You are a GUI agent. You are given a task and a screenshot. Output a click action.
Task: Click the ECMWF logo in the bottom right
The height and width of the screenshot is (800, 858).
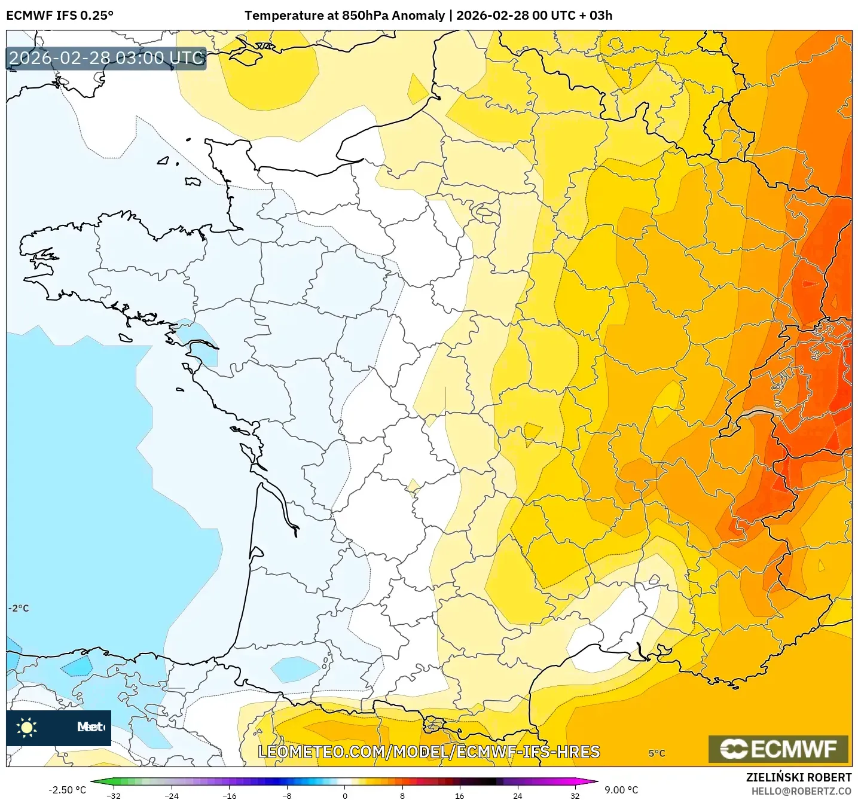778,749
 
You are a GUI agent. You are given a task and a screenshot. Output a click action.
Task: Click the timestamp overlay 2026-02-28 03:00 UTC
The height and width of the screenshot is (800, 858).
106,58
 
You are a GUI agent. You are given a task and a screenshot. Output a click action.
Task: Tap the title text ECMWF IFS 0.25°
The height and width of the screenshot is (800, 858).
60,16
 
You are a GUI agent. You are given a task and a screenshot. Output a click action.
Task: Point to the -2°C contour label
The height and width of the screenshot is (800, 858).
19,608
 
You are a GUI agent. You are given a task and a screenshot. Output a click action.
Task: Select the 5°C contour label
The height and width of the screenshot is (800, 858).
657,753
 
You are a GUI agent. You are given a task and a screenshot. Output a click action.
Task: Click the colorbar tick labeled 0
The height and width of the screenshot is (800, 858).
344,795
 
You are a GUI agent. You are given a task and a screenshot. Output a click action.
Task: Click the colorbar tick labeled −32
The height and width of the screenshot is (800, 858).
114,795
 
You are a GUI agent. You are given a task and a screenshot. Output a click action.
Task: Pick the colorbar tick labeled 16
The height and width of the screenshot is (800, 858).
459,795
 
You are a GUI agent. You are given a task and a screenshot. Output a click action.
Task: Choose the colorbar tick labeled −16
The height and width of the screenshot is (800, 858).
229,795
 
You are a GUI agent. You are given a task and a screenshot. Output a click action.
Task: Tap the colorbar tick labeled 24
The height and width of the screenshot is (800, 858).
517,795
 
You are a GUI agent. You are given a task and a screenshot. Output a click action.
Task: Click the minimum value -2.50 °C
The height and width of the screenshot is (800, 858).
67,790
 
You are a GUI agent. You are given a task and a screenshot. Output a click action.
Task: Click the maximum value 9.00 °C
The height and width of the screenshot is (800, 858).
621,790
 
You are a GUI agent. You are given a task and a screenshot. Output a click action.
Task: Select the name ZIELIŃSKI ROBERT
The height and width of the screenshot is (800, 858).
798,777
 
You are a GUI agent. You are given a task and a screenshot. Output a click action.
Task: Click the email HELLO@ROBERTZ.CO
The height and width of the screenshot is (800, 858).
801,791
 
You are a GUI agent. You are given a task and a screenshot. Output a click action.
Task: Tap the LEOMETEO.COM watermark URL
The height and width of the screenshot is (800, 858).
428,752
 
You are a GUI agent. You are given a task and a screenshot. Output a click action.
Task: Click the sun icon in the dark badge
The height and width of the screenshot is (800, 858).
27,727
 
